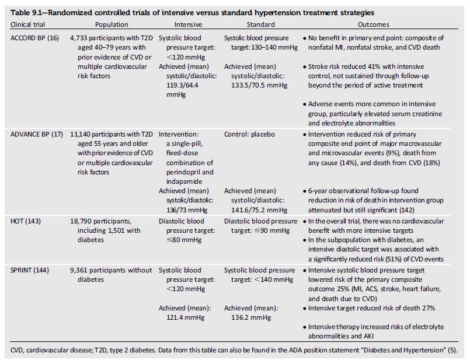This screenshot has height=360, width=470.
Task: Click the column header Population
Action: pyautogui.click(x=112, y=25)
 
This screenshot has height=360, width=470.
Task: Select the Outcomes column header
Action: pyautogui.click(x=374, y=25)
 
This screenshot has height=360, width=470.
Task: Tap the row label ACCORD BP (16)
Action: pyautogui.click(x=34, y=38)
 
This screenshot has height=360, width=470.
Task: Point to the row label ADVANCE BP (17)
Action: pyautogui.click(x=37, y=134)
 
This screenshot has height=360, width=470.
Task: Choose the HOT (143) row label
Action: pyautogui.click(x=26, y=221)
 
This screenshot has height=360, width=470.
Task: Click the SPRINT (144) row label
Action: pyautogui.click(x=29, y=270)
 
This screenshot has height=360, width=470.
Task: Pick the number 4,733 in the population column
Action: pyautogui.click(x=79, y=38)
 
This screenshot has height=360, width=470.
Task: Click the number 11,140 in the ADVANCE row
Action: pyautogui.click(x=80, y=134)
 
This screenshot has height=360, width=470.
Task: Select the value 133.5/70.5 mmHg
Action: pyautogui.click(x=259, y=85)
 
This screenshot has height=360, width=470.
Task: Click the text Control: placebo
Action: pyautogui.click(x=249, y=134)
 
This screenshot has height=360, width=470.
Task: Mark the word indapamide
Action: pyautogui.click(x=184, y=181)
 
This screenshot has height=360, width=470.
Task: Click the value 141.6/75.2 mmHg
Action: pyautogui.click(x=259, y=210)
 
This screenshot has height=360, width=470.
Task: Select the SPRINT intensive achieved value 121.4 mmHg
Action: pyautogui.click(x=185, y=317)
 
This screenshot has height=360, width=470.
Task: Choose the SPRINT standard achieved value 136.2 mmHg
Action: pyautogui.click(x=251, y=317)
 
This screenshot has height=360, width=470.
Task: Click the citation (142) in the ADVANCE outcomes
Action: pyautogui.click(x=407, y=210)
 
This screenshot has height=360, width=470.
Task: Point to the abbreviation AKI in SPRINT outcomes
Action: pyautogui.click(x=368, y=336)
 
